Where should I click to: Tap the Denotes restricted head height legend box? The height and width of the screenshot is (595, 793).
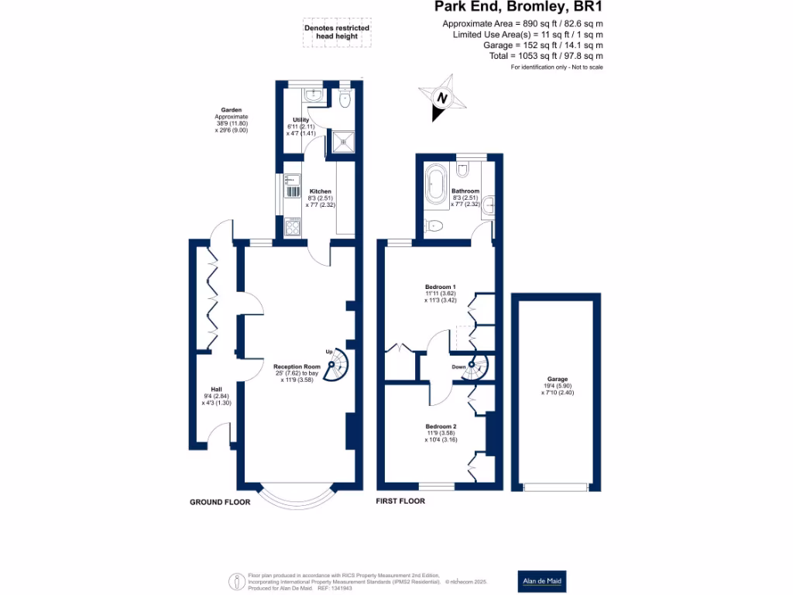tap(336, 33)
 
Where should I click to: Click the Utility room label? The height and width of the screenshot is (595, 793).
tap(300, 120)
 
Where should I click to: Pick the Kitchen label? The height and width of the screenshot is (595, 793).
tap(320, 191)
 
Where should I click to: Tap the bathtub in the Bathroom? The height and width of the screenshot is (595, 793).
tap(434, 187)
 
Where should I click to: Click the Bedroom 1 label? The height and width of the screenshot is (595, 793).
tap(440, 287)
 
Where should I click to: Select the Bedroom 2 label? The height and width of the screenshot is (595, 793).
tap(440, 427)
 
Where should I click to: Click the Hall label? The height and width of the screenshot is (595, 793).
tap(216, 390)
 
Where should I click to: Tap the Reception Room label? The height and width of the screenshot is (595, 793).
tap(297, 366)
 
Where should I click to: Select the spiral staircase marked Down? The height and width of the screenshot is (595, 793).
tap(473, 369)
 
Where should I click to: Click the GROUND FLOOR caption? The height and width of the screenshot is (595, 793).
tap(220, 502)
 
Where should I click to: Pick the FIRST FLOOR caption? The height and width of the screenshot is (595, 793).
tap(400, 501)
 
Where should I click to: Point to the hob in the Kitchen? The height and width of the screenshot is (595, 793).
tap(293, 227)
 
